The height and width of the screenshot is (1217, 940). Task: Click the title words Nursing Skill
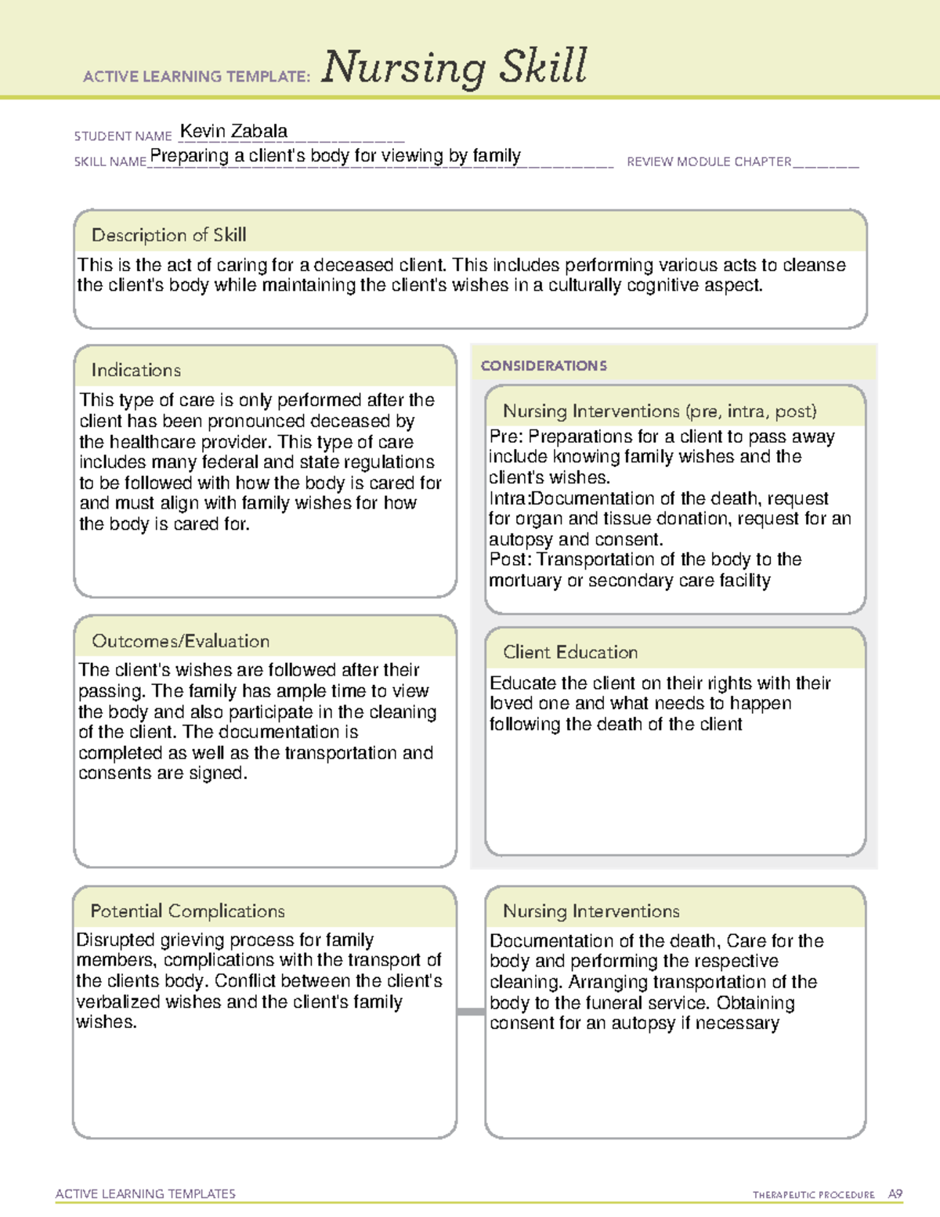coord(454,67)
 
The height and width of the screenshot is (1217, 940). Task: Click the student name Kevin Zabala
coord(233,131)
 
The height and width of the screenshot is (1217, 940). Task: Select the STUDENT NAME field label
coord(123,136)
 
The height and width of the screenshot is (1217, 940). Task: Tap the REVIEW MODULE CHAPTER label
coord(709,162)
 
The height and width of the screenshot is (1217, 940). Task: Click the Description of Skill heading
coord(168,235)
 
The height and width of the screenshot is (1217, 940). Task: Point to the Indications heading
coord(136,370)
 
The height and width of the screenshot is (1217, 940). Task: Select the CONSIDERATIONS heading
coord(544,366)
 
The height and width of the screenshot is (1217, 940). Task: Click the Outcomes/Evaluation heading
coord(180,641)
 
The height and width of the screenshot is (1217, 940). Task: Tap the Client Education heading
coord(570,652)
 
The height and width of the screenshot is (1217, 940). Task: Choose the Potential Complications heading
coord(187,911)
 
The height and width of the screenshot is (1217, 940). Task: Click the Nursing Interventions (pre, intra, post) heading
coord(660,411)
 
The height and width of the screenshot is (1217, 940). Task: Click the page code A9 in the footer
coord(895,1194)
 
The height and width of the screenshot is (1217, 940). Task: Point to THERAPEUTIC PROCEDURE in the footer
coord(813,1195)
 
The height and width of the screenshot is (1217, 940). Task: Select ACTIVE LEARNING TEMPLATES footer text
coord(145,1193)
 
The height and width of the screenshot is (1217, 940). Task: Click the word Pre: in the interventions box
coord(507,436)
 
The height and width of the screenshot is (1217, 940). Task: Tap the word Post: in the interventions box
coord(510,560)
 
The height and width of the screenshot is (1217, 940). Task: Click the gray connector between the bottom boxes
coord(470,1012)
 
